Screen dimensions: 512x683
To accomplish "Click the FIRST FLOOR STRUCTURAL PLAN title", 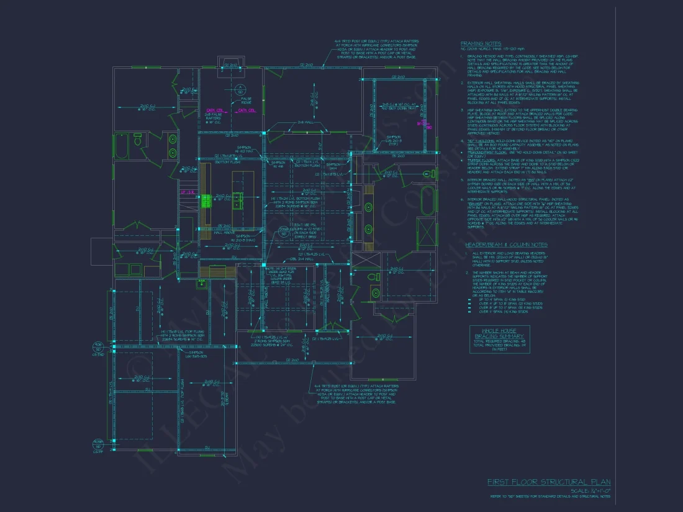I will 548,482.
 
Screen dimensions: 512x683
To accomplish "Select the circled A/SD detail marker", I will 238,88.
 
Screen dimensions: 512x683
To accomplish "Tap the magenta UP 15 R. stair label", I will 188,192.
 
